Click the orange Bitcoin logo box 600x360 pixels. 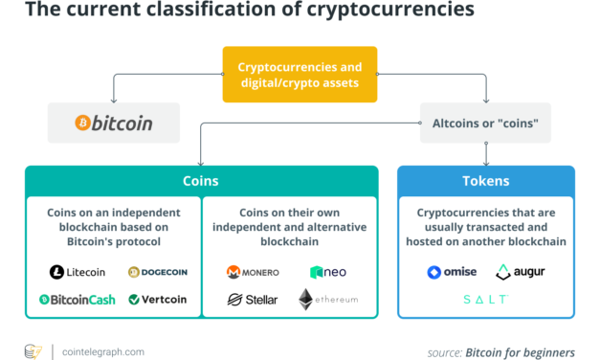coord(114,123)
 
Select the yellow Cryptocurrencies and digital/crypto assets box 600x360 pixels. coord(300,74)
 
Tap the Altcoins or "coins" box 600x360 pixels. coord(486,123)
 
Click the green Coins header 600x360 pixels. coord(201,180)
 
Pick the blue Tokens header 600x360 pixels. coord(486,180)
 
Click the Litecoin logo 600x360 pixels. coord(78,272)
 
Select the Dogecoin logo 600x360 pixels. coord(157,272)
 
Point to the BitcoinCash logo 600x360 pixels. coord(78,300)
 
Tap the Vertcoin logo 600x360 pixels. coord(158,300)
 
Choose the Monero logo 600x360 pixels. coord(253,272)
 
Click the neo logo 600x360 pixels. coord(328,272)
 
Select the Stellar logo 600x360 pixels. coord(253,300)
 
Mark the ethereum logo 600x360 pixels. coord(328,300)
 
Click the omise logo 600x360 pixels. coord(452,272)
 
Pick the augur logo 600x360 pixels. coord(522,272)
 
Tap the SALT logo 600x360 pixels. coord(485,300)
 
